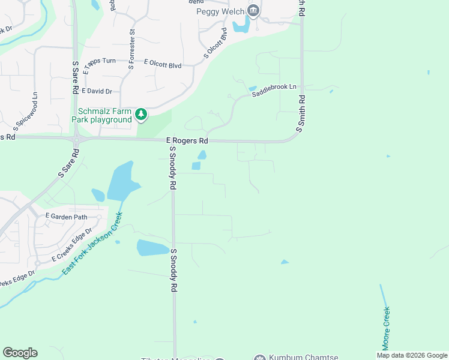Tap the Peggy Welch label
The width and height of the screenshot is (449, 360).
220,11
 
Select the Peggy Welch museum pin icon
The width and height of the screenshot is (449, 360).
253,10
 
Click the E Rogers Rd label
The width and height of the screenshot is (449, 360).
187,141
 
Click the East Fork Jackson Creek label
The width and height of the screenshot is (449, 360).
92,244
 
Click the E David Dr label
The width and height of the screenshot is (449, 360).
97,91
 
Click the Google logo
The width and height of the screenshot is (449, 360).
20,353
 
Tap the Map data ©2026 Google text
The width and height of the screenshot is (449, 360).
412,355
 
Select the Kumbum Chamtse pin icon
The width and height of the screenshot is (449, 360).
260,358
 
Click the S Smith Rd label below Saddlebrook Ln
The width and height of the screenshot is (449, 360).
300,114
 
